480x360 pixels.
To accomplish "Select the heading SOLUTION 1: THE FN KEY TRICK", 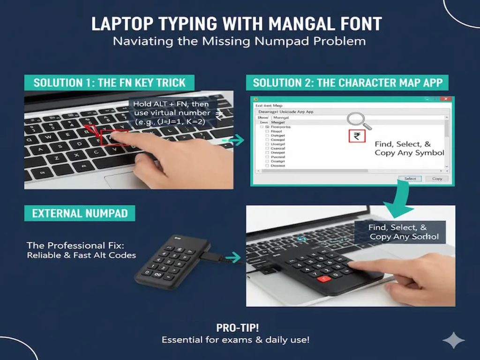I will [x=110, y=83].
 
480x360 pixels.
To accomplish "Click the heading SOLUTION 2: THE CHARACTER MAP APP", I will [x=347, y=83].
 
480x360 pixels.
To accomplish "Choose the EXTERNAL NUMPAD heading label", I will [x=80, y=213].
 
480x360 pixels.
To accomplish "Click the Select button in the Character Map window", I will [x=410, y=179].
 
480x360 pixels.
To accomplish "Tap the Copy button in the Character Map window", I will [x=437, y=179].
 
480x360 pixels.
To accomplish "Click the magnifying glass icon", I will [x=358, y=120].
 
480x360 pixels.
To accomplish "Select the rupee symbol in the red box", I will [x=357, y=136].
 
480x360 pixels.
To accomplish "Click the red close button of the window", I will [x=446, y=99].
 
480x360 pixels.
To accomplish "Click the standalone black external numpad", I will [x=171, y=262].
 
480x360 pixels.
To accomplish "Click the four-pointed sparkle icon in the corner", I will [x=453, y=340].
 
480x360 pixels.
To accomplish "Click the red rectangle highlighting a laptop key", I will [x=114, y=137].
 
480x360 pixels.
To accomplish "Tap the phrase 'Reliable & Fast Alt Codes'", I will [x=81, y=255].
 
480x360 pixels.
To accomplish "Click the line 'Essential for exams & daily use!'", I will [x=235, y=340].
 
